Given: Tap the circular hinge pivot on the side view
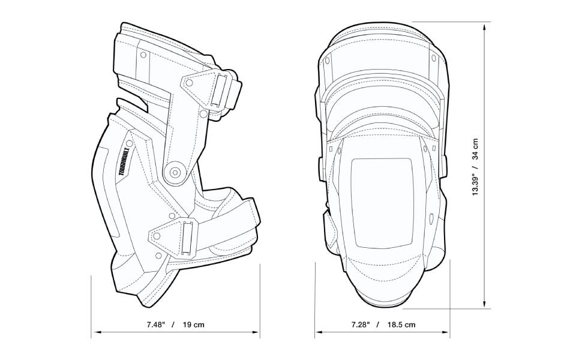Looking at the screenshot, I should click(x=176, y=172).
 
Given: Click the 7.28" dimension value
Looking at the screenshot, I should click(x=361, y=325).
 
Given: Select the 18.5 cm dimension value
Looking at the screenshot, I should click(x=401, y=325).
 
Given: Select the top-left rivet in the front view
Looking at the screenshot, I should click(x=329, y=59).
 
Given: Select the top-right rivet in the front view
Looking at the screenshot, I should click(x=434, y=59).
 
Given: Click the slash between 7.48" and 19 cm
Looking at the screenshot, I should click(x=173, y=325).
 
